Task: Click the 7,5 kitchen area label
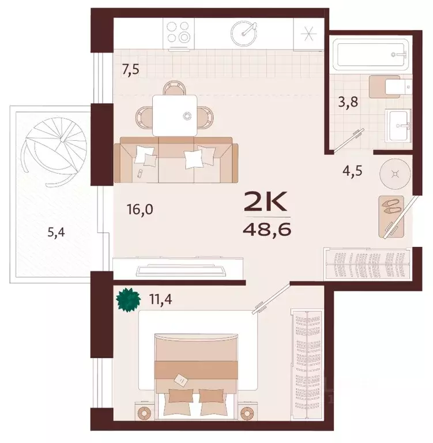pyautogui.click(x=130, y=69)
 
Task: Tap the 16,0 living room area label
pyautogui.click(x=140, y=209)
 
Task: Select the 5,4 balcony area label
pyautogui.click(x=56, y=232)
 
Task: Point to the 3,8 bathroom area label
pyautogui.click(x=348, y=102)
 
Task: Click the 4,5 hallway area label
pyautogui.click(x=352, y=171)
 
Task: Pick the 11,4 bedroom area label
pyautogui.click(x=161, y=299)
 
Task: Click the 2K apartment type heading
pyautogui.click(x=265, y=201)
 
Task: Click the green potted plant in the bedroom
pyautogui.click(x=129, y=300)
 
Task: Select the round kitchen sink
pyautogui.click(x=244, y=33)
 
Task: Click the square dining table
pyautogui.click(x=175, y=115)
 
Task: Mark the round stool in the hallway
pyautogui.click(x=395, y=174)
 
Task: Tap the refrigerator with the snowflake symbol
pyautogui.click(x=308, y=34)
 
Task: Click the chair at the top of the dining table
pyautogui.click(x=175, y=88)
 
